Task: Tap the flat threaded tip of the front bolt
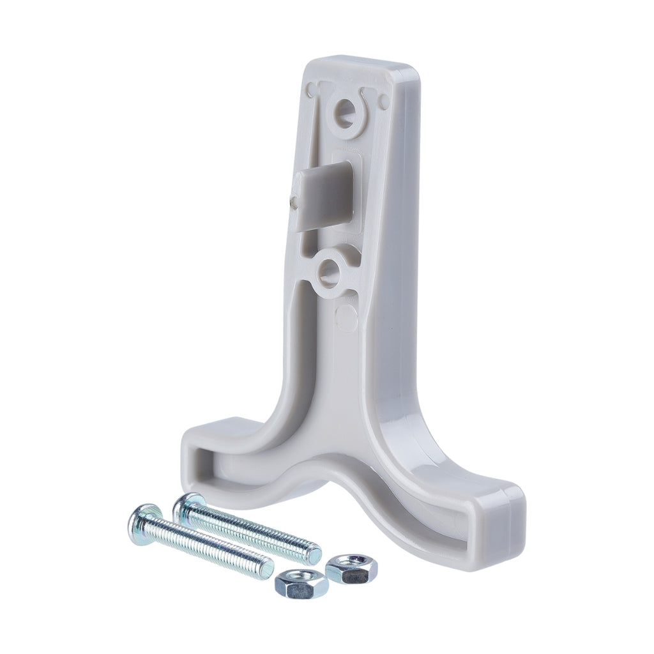(x=269, y=566)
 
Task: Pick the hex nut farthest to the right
(x=351, y=566)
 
